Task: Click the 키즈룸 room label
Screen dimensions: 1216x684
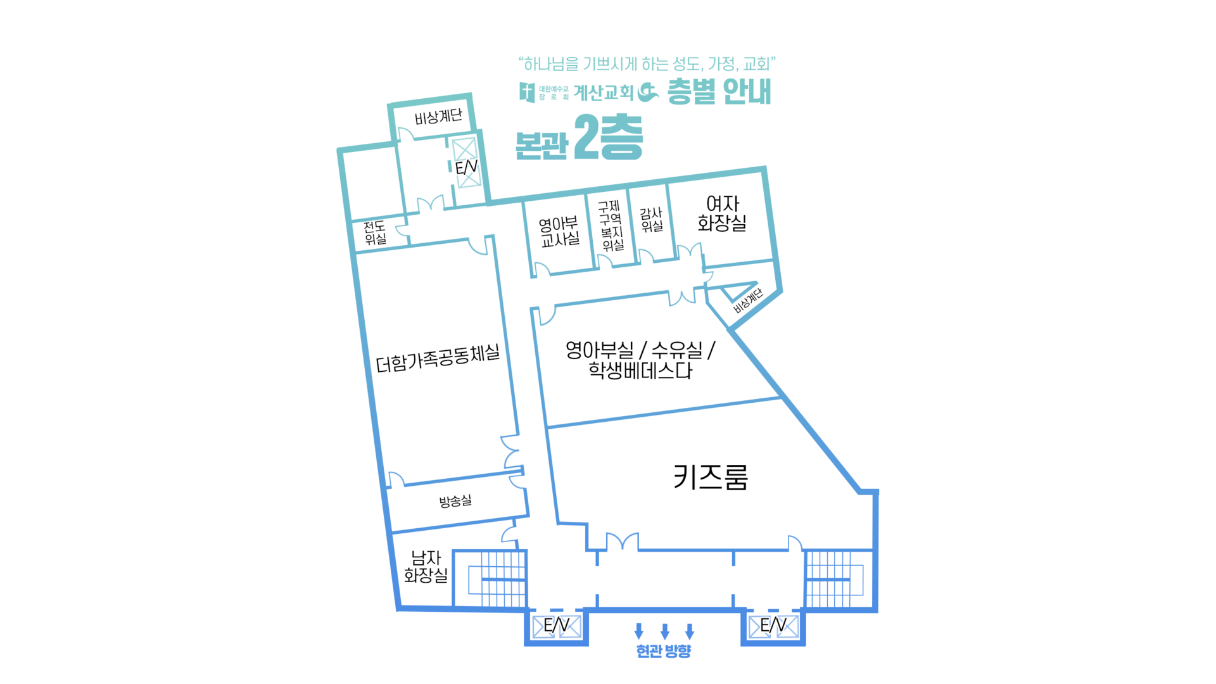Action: click(x=710, y=477)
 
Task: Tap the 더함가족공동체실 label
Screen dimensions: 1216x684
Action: click(x=438, y=358)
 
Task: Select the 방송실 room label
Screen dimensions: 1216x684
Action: click(x=455, y=501)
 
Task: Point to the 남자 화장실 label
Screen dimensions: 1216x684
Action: click(x=426, y=566)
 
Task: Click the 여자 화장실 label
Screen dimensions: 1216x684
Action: click(x=722, y=213)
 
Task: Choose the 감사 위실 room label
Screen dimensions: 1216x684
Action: click(x=651, y=220)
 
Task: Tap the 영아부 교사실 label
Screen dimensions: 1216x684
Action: click(x=559, y=232)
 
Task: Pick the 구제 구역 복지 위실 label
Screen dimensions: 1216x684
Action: click(x=611, y=225)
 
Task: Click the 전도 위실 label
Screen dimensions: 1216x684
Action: click(x=375, y=232)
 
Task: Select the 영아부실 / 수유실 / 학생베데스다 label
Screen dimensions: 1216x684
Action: click(x=640, y=360)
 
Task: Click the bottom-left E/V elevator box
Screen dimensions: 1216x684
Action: click(x=557, y=626)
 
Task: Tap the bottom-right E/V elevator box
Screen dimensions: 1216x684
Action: click(x=773, y=626)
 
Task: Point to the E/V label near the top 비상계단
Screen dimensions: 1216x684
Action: click(x=466, y=167)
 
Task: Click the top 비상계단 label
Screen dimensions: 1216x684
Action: click(x=438, y=117)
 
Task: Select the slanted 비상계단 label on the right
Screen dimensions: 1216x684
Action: click(x=749, y=300)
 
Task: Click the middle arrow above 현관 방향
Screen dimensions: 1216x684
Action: click(x=664, y=631)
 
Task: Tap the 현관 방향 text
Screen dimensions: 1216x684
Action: click(x=663, y=651)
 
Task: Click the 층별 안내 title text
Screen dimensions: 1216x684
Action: click(x=719, y=92)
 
